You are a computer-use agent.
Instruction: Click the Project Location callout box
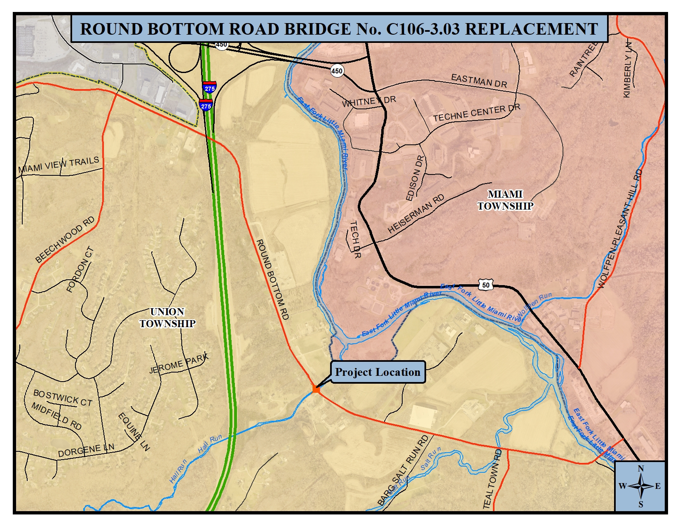378,372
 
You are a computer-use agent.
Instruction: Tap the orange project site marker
316,389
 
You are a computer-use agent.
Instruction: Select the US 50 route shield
486,285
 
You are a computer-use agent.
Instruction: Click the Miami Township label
505,200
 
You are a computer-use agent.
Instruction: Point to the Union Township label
167,318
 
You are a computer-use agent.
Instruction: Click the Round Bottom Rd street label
272,279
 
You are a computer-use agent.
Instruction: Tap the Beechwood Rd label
65,240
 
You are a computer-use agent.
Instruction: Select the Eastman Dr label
479,80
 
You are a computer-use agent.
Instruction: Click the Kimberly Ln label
628,70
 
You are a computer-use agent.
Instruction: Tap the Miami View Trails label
59,165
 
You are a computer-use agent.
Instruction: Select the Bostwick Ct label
63,398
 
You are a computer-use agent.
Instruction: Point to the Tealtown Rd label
492,479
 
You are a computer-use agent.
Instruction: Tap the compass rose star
640,486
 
